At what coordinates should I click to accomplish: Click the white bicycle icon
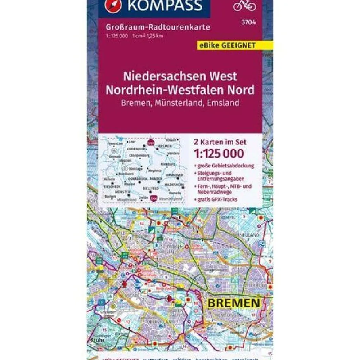coord(244,5)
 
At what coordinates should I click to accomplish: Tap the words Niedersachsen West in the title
coord(180,76)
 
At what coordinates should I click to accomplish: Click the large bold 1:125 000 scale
coord(218,153)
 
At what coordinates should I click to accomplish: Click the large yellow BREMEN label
coord(233,302)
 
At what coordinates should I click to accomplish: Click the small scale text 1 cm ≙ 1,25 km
coord(148,35)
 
